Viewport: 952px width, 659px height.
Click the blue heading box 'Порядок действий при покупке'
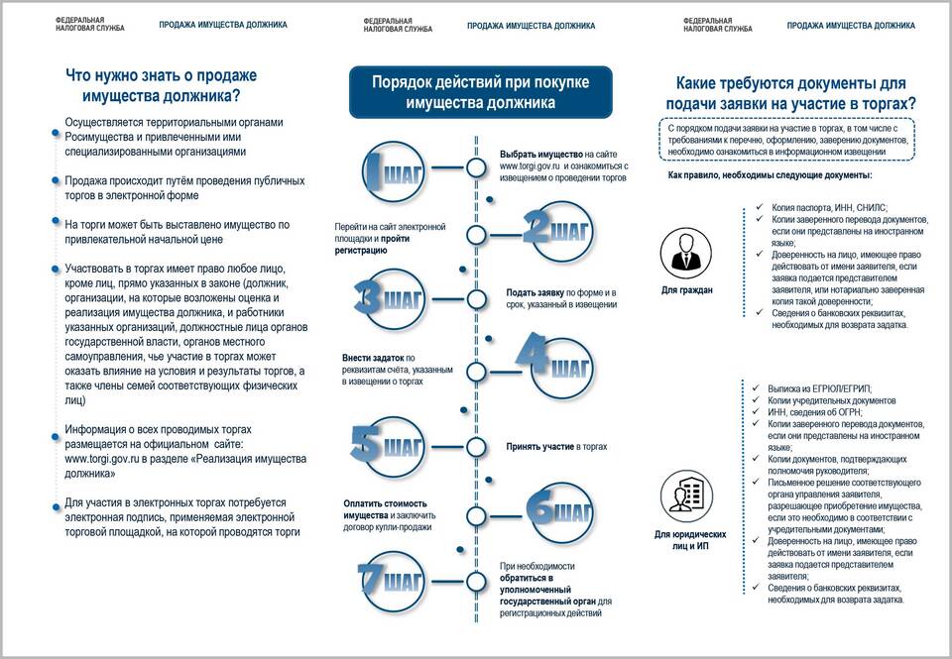(x=481, y=92)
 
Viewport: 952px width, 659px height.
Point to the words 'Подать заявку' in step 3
(x=535, y=292)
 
